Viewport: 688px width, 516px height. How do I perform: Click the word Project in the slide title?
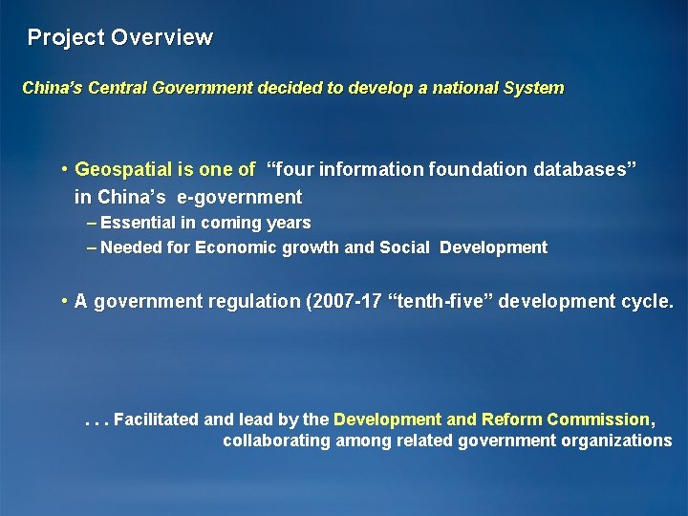(x=66, y=38)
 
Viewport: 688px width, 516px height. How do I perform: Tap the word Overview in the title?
(x=161, y=38)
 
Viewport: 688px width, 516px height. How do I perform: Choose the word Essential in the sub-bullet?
(x=138, y=223)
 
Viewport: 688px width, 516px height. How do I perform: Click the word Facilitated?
(x=157, y=419)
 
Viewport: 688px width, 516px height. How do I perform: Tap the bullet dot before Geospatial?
(x=62, y=170)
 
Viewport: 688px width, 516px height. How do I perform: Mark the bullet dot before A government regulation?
(x=62, y=302)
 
